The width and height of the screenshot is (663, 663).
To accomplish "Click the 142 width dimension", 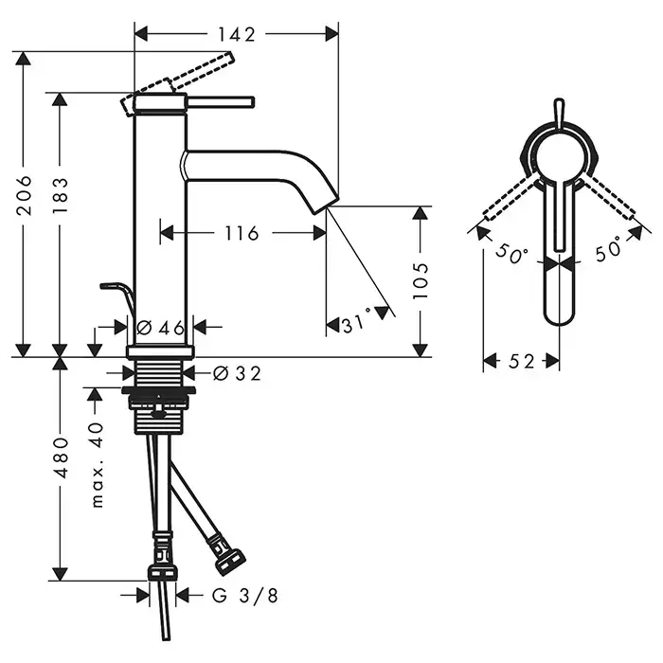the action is click(237, 35).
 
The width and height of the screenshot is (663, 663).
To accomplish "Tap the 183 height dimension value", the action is click(60, 195).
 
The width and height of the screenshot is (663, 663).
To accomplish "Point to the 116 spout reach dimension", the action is click(242, 233).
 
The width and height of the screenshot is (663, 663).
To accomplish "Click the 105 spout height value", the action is click(421, 280).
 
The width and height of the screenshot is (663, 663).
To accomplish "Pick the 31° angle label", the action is click(357, 323).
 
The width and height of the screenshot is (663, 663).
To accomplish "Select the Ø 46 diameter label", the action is click(161, 328).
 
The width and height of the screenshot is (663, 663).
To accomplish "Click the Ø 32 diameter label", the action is click(237, 373).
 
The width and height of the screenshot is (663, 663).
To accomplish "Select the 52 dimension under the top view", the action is click(521, 362).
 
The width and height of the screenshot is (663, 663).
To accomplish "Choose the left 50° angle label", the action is click(511, 254).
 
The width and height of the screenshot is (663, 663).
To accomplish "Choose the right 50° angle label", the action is click(609, 249).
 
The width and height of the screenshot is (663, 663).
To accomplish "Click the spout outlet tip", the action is click(326, 206).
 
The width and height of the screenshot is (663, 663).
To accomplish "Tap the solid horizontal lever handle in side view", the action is click(220, 102).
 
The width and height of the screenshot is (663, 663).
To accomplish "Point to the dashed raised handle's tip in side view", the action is click(231, 57).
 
